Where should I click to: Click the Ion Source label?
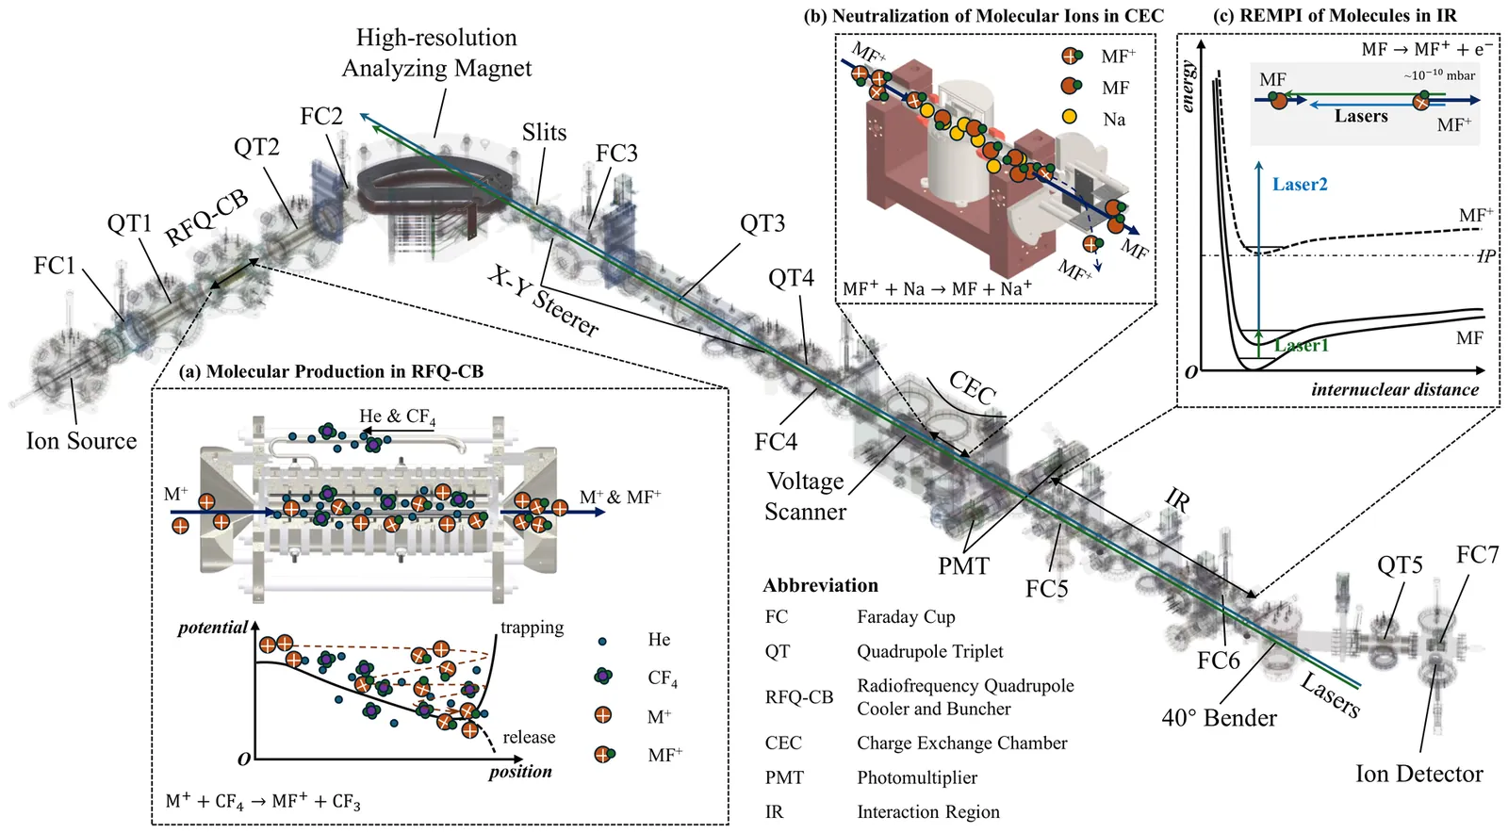[x=81, y=441]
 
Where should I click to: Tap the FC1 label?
[x=54, y=266]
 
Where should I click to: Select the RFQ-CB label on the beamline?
[x=206, y=218]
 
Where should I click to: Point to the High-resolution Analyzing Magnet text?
[x=436, y=53]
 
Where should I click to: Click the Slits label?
[x=544, y=133]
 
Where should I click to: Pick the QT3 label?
[x=762, y=223]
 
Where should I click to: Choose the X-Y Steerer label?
[x=543, y=301]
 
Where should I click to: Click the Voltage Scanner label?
[x=805, y=497]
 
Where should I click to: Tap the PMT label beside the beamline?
[x=963, y=566]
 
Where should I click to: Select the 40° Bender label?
[x=1219, y=718]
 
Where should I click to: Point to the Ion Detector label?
[x=1418, y=775]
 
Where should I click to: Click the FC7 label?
[x=1477, y=555]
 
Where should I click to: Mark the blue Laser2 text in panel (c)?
[x=1299, y=185]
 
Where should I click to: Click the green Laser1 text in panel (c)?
[x=1301, y=346]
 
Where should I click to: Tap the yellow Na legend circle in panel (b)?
[x=1069, y=119]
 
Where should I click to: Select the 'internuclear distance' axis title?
[x=1394, y=389]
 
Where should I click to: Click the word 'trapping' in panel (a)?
[x=532, y=628]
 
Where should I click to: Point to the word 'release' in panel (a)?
[x=529, y=737]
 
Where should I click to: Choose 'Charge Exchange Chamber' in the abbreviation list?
[x=961, y=743]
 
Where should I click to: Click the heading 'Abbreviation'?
[x=820, y=585]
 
